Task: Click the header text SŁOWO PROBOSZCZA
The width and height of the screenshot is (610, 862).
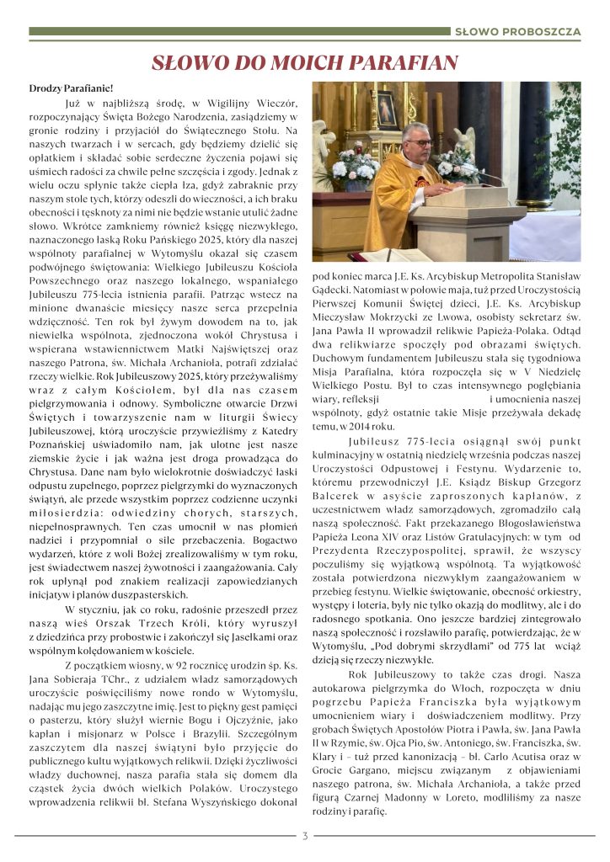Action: (517, 33)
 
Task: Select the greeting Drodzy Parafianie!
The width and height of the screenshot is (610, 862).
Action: (71, 88)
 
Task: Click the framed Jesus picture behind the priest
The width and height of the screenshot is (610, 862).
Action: (388, 109)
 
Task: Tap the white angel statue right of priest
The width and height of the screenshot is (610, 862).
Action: (464, 144)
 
